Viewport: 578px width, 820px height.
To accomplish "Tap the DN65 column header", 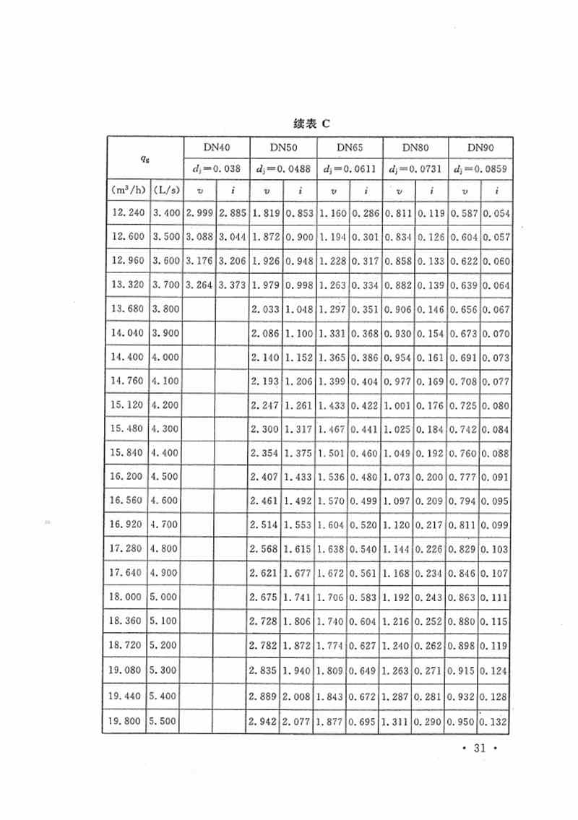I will tap(349, 147).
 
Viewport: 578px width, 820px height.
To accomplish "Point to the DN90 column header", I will tap(480, 147).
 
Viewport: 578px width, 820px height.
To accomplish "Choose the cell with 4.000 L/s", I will tap(165, 357).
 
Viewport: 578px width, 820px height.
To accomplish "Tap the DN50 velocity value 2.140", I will tap(265, 357).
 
